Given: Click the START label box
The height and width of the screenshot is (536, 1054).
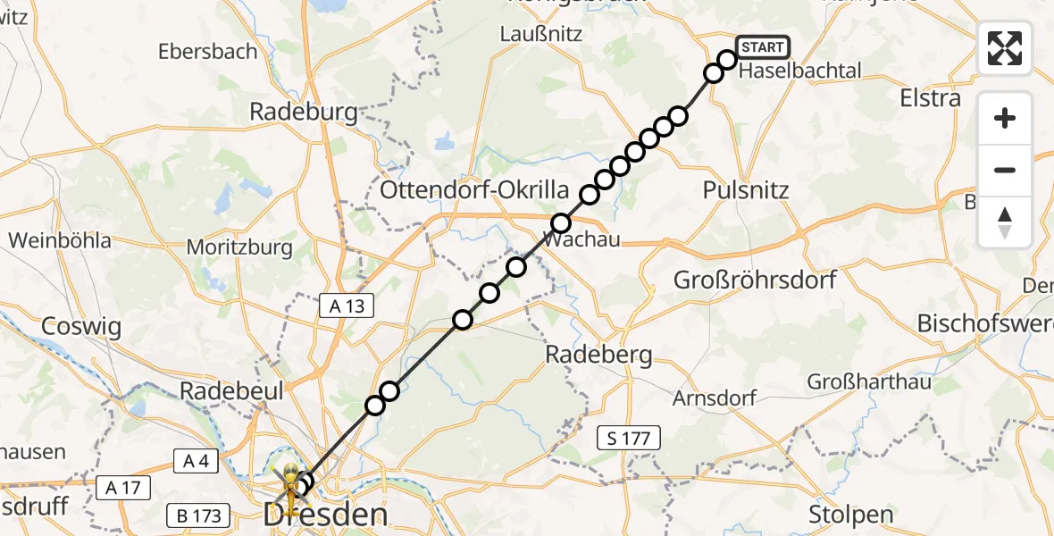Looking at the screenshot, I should (762, 46).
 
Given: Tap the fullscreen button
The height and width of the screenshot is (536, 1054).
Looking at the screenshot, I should (1005, 48).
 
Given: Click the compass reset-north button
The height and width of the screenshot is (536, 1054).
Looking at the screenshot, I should (1005, 222).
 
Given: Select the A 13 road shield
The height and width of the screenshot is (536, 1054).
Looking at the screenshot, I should (347, 306).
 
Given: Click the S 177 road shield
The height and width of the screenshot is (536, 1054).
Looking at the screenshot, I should (630, 438).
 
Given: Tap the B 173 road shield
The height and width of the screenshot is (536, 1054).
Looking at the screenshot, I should (198, 515).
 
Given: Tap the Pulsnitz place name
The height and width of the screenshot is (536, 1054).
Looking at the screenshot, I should (746, 189).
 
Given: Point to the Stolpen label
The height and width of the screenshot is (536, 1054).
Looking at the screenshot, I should (850, 515).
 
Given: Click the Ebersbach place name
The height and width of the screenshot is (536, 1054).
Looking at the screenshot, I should (208, 51).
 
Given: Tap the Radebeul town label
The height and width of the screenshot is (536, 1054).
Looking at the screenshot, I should (231, 390).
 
